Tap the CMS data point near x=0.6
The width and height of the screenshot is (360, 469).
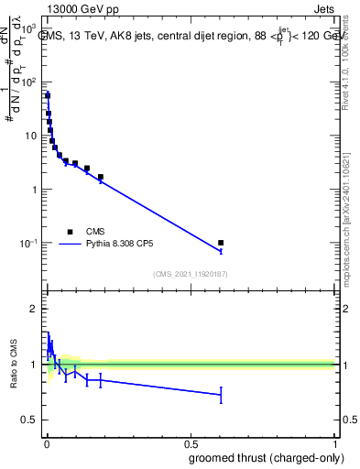click(221, 243)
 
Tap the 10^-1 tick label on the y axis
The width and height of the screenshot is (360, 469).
click(28, 244)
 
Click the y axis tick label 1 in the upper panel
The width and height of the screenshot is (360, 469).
click(35, 190)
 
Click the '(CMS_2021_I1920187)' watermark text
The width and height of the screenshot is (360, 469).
click(189, 274)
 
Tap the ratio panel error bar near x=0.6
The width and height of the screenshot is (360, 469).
click(221, 395)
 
